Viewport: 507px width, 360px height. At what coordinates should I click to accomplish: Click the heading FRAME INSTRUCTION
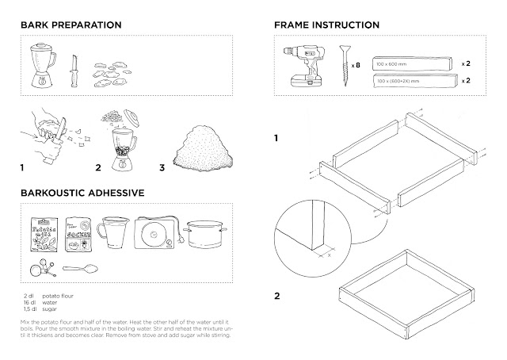point(326,25)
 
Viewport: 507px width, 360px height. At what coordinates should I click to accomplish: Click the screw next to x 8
point(343,67)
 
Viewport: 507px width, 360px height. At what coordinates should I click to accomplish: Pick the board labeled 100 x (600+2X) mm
point(411,80)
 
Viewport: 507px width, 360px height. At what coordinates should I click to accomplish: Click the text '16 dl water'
point(44,302)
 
